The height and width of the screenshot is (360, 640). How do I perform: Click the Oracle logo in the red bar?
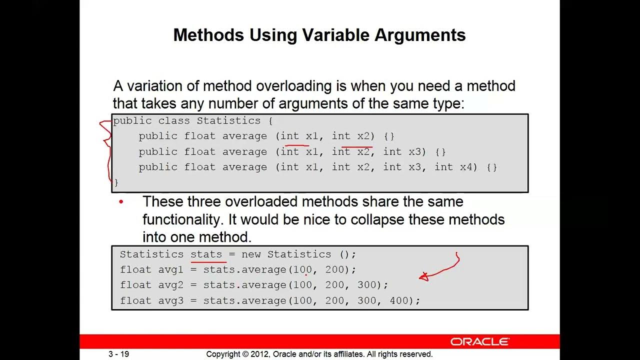coord(479,341)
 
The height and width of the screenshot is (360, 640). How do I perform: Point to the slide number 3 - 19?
coord(119,354)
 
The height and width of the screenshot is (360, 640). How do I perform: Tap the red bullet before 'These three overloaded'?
coord(121,202)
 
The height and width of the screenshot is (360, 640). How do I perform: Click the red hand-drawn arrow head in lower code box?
coord(423,276)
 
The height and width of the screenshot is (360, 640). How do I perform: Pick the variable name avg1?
coord(171,269)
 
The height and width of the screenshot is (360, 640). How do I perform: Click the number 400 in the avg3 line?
coord(399,300)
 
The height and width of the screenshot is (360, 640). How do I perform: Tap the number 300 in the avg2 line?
coord(366,285)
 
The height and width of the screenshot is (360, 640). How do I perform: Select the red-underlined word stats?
coord(206,254)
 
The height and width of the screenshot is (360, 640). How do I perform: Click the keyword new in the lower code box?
coord(251,254)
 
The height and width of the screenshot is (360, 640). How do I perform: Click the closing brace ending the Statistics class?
coord(116,182)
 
